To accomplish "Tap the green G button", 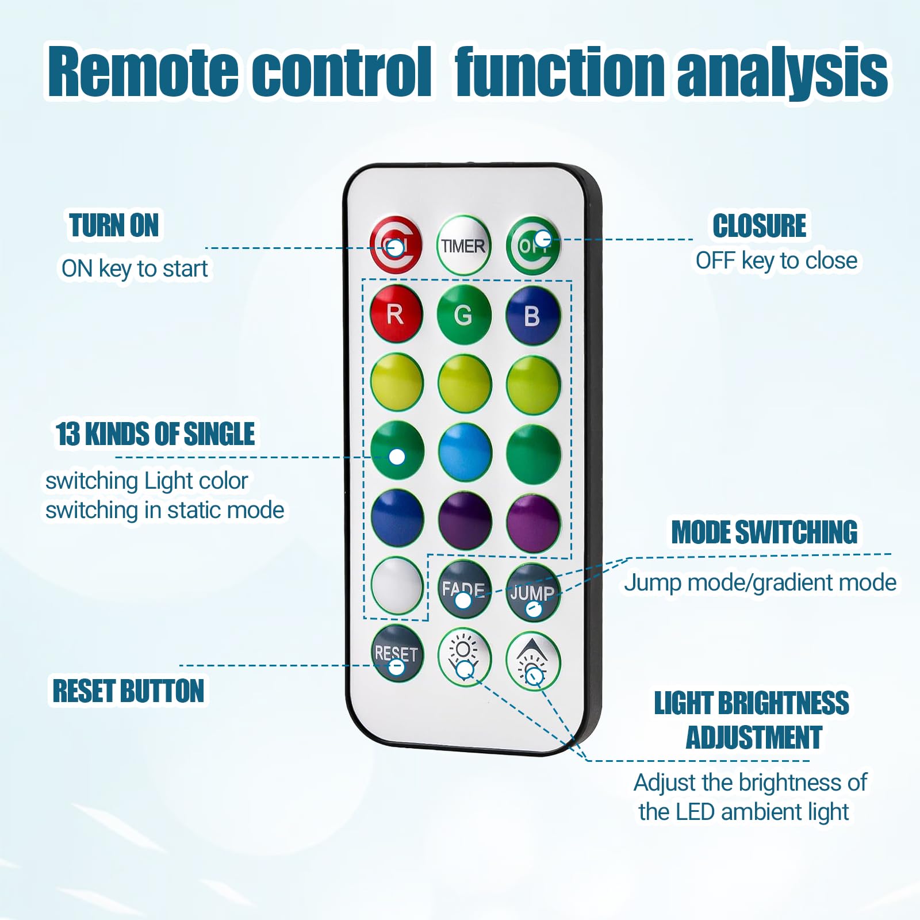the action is click(464, 315).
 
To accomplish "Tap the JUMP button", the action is click(532, 592).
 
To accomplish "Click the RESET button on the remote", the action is click(397, 653).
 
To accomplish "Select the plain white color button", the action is click(397, 585).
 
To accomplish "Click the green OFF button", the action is click(533, 246).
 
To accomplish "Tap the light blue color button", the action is click(465, 453).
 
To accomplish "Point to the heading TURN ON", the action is click(114, 225).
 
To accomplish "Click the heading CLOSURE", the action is click(760, 225).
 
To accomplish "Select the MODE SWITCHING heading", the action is click(764, 532).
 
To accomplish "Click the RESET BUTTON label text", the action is click(128, 691).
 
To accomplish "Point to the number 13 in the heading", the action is click(67, 434).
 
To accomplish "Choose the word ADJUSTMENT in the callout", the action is click(754, 737).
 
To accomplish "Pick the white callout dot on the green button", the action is click(397, 457).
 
